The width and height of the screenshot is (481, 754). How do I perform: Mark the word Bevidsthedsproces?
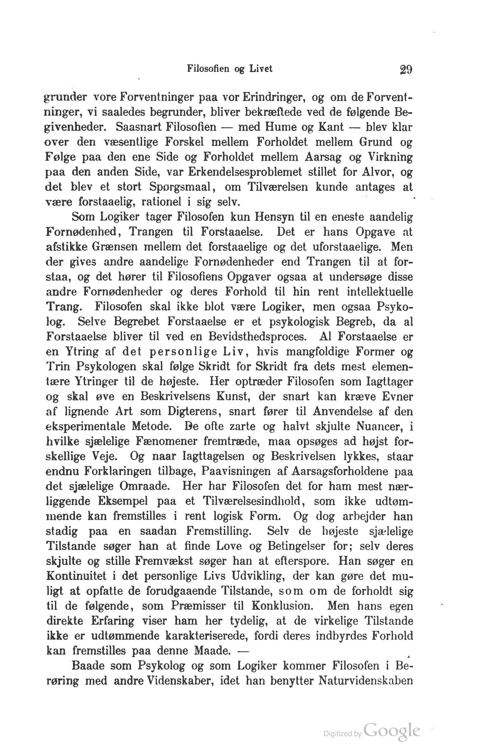257,337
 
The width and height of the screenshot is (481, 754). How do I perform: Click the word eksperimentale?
85,426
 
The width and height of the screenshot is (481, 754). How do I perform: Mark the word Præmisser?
198,605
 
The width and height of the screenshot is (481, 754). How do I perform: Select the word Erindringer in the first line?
274,97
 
